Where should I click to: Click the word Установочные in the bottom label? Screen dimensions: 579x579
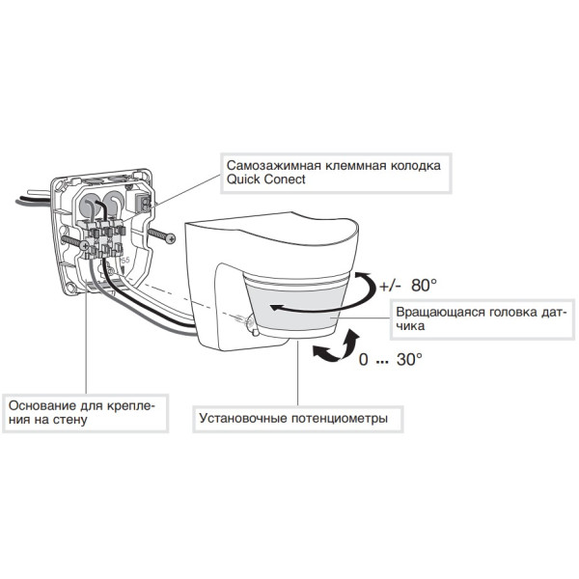[244, 420]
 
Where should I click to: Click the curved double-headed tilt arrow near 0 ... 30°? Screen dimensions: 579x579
[334, 348]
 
